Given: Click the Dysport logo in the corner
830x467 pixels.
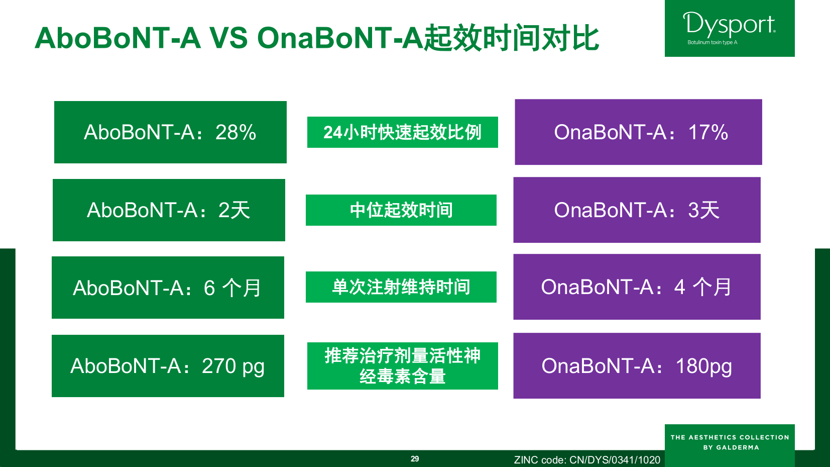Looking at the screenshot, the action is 729,28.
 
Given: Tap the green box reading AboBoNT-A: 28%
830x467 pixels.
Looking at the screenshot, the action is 170,132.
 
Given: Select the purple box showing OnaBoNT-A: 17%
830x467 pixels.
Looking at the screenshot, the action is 638,132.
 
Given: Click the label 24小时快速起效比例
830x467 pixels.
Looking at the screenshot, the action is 402,132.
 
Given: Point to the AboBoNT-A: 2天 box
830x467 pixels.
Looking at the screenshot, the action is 169,210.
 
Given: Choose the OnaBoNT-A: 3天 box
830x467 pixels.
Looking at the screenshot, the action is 637,210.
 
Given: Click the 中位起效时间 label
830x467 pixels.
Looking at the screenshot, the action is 401,210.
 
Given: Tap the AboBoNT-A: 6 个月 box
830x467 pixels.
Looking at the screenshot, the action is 168,288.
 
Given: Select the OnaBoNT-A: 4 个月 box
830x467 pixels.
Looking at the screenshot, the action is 637,287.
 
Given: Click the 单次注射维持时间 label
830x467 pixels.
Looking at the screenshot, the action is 401,287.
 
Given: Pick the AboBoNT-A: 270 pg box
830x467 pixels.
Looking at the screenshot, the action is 168,366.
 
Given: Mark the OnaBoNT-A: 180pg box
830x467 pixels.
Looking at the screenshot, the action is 637,366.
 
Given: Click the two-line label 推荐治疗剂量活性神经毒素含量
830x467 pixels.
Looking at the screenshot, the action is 402,366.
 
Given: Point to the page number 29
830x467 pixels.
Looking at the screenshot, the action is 415,459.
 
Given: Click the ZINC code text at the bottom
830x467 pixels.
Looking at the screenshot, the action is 587,460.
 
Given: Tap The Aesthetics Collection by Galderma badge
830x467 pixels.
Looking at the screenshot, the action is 730,442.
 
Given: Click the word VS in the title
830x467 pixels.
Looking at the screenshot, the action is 228,38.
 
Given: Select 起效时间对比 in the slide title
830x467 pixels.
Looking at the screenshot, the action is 511,38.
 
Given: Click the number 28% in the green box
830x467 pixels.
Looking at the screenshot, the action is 235,132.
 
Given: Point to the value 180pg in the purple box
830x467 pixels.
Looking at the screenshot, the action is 703,366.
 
